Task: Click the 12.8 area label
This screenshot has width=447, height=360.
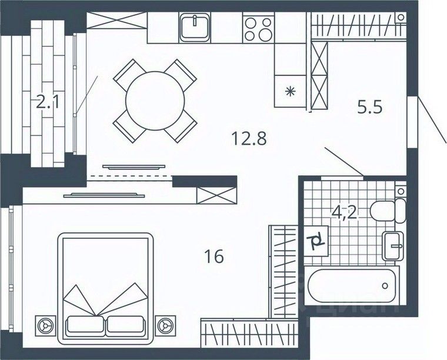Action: pos(248,139)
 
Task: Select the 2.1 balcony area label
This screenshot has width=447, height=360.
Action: pos(48,104)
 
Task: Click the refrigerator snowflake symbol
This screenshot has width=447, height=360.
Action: pos(288,91)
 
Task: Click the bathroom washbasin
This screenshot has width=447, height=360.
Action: pos(393,245)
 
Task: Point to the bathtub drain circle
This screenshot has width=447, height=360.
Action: pos(385,286)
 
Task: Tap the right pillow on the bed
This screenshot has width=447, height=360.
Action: pos(125,324)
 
